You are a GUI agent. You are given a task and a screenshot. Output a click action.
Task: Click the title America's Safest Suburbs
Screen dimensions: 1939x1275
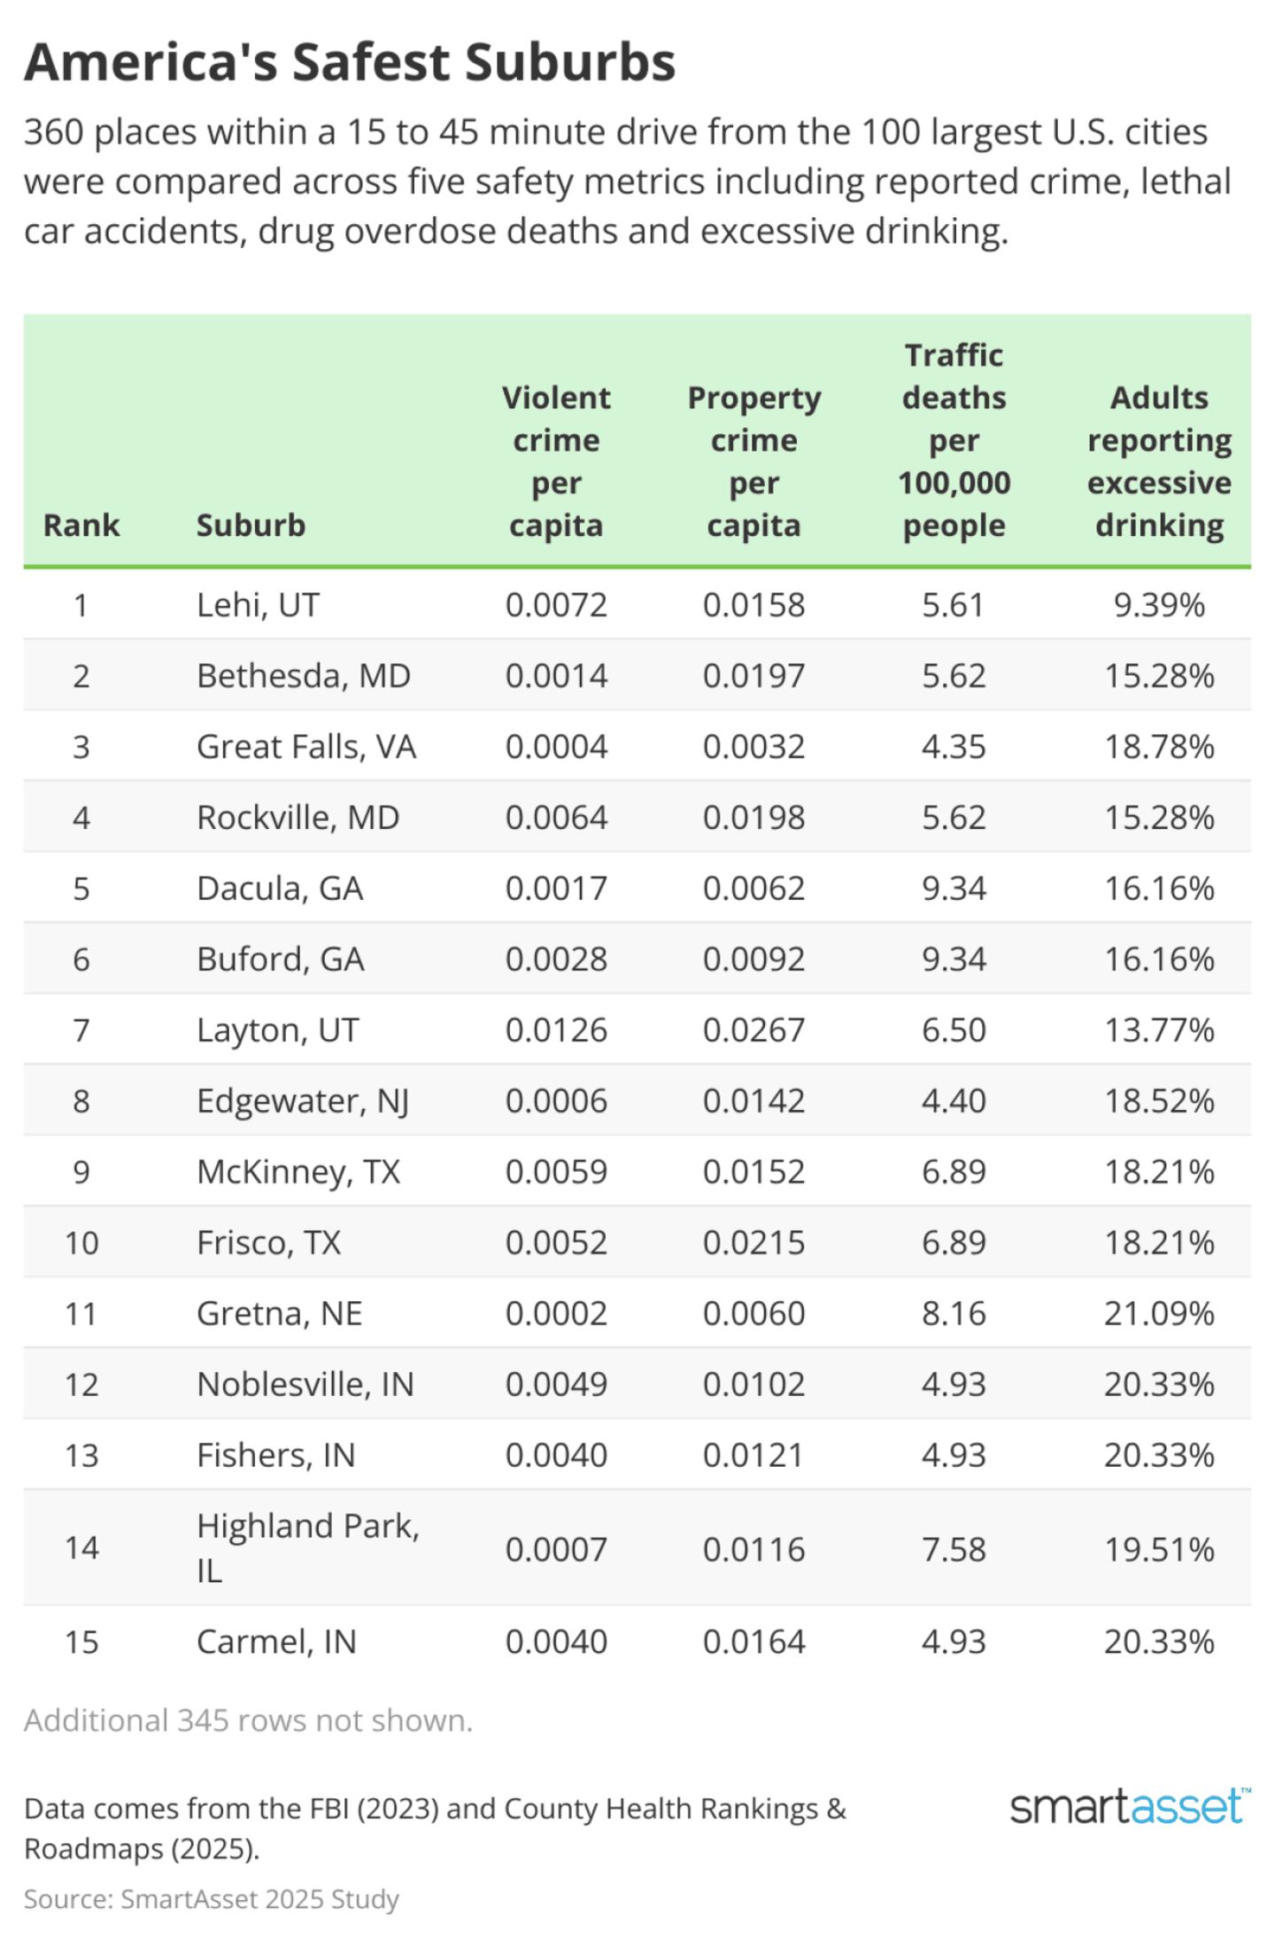350,63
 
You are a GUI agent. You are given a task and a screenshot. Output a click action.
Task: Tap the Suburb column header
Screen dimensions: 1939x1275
251,525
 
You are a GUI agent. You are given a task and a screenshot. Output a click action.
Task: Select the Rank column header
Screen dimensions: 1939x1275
81,525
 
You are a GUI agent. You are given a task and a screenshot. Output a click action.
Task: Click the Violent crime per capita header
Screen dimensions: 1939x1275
556,461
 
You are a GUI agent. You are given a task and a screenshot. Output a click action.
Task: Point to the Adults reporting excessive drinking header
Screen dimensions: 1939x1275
1159,461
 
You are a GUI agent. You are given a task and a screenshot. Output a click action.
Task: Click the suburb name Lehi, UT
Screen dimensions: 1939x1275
258,605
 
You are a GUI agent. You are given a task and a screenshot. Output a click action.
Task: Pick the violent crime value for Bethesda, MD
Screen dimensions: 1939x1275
556,676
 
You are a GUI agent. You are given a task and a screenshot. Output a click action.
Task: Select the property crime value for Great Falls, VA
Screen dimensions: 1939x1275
753,747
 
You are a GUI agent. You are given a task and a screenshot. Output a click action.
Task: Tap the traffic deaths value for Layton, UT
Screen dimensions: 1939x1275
954,1030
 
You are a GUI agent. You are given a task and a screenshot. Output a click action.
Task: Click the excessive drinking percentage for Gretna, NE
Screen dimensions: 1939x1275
1159,1314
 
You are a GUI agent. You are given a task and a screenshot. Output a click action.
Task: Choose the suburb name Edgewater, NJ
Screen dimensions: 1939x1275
303,1101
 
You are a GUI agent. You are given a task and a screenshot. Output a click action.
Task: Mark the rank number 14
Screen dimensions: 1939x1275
81,1547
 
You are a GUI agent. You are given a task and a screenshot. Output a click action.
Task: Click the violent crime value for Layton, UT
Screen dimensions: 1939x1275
556,1030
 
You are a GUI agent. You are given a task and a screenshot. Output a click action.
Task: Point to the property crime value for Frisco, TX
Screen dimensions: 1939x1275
753,1243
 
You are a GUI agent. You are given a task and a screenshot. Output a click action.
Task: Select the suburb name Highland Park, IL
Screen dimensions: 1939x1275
307,1547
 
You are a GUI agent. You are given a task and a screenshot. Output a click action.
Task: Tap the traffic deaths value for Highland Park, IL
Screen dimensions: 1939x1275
954,1549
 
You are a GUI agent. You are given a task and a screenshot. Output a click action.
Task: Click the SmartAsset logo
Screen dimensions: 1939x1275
1130,1806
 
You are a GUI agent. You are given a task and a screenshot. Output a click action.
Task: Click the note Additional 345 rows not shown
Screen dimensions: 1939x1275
248,1720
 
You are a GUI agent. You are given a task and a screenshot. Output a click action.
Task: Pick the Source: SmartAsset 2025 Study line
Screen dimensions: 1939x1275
212,1899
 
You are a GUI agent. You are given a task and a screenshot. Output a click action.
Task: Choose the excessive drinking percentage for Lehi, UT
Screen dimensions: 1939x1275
1159,605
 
